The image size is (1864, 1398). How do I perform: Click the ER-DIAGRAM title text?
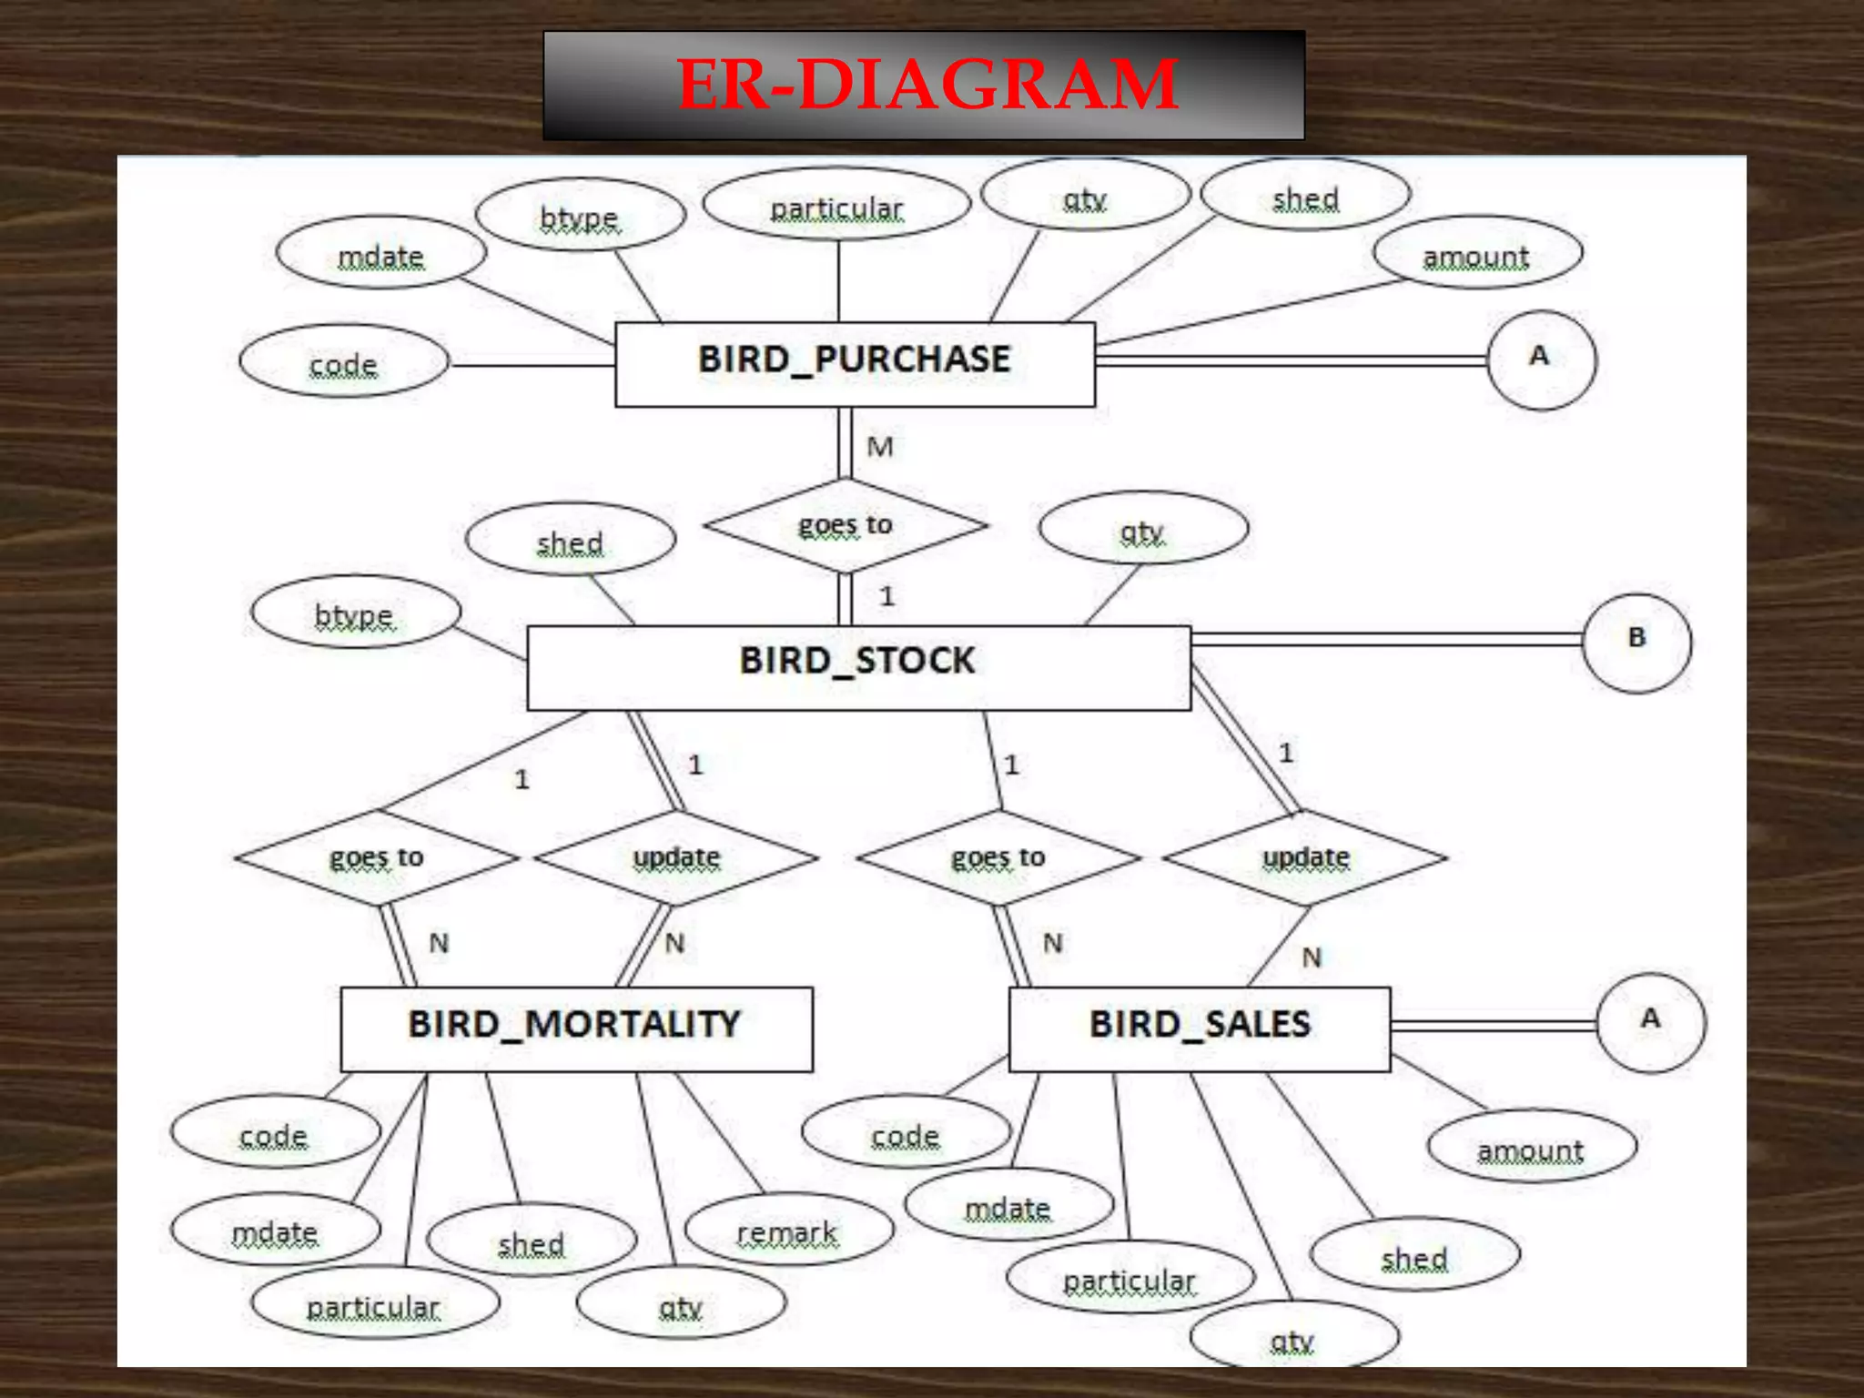(927, 85)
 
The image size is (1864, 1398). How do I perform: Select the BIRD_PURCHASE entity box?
(854, 363)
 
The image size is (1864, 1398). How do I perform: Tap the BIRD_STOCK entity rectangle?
(857, 666)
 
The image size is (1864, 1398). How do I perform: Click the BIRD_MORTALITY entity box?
(575, 1028)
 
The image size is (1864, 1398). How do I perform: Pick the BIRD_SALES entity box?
(1199, 1028)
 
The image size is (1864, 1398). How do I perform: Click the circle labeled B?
(1636, 643)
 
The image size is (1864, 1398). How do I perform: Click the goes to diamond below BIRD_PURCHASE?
(846, 525)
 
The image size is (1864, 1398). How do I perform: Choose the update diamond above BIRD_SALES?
(1305, 857)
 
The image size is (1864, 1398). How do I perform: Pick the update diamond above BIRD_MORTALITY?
(676, 857)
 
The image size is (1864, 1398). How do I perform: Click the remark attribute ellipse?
(788, 1230)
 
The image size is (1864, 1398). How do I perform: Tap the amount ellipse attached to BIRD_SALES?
(1532, 1146)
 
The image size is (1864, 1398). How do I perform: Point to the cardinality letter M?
(880, 447)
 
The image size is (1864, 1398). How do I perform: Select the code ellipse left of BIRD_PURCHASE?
(344, 361)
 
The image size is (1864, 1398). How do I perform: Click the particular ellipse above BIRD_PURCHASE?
(836, 204)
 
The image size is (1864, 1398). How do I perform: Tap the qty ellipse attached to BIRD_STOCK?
(1142, 527)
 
